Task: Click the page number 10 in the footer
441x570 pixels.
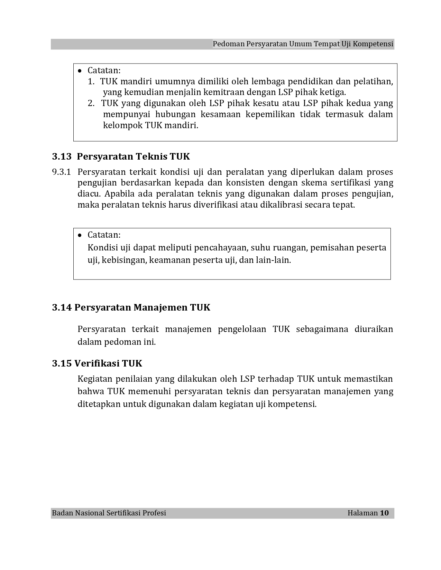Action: (x=384, y=513)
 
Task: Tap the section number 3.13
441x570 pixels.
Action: (x=62, y=156)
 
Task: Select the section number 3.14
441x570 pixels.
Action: (x=62, y=307)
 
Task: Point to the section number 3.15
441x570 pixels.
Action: (x=62, y=363)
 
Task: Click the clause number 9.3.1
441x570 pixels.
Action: (x=61, y=172)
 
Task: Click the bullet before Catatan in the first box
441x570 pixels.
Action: (x=80, y=71)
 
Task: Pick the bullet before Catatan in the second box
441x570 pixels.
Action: (x=80, y=235)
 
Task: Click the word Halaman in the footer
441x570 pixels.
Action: (x=362, y=513)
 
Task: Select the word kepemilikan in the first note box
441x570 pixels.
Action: (x=270, y=114)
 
